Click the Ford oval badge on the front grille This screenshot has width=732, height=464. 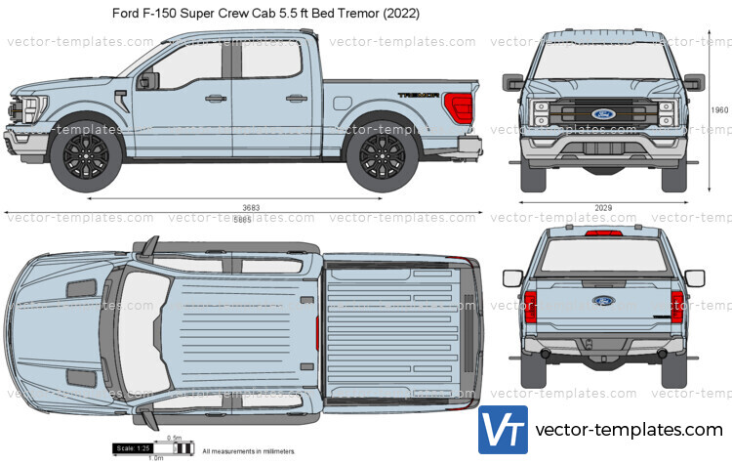tap(602, 114)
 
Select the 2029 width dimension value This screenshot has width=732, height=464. tap(602, 208)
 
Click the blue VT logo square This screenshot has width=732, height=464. tap(503, 430)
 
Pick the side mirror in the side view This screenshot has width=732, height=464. tap(149, 81)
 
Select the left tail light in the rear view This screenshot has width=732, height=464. tap(530, 306)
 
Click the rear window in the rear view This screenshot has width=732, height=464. tap(602, 257)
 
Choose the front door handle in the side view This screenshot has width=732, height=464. tap(212, 98)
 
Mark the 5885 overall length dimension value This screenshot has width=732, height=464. tap(242, 220)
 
